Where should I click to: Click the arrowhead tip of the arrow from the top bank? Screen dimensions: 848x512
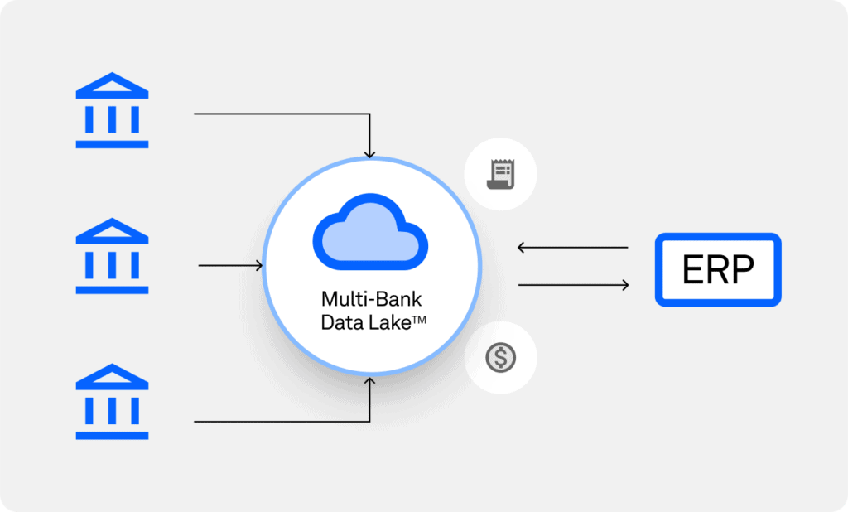click(369, 158)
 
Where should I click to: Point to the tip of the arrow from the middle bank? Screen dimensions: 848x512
click(263, 265)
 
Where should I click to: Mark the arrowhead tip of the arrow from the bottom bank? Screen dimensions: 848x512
click(369, 378)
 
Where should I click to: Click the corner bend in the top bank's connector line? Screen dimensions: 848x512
click(369, 114)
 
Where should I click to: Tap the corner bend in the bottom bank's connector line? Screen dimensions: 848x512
click(369, 421)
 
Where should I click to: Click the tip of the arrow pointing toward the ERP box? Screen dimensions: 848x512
click(629, 285)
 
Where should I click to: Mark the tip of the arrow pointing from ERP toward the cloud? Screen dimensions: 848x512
click(518, 248)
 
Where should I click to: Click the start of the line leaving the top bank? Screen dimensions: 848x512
click(194, 114)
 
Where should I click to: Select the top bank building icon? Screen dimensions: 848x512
click(112, 110)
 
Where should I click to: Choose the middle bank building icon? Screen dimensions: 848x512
click(112, 255)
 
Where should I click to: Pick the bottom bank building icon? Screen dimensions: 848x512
click(112, 401)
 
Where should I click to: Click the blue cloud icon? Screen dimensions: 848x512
click(370, 232)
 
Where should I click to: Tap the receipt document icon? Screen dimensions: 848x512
click(500, 174)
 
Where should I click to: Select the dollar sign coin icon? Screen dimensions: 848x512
click(500, 358)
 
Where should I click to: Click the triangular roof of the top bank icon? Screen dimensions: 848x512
click(112, 85)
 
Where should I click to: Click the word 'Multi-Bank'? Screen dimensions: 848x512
click(371, 299)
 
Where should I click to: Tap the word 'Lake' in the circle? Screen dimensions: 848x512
click(389, 322)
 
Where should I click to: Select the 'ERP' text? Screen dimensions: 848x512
click(718, 269)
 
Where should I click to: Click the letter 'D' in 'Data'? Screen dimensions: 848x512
click(327, 323)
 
